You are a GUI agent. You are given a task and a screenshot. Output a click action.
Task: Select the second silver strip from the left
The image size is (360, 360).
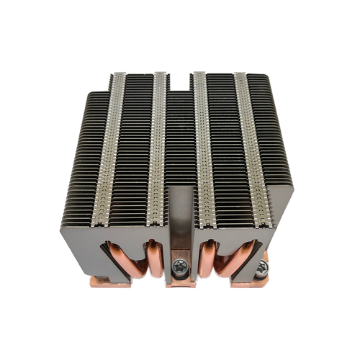point(153,151)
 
